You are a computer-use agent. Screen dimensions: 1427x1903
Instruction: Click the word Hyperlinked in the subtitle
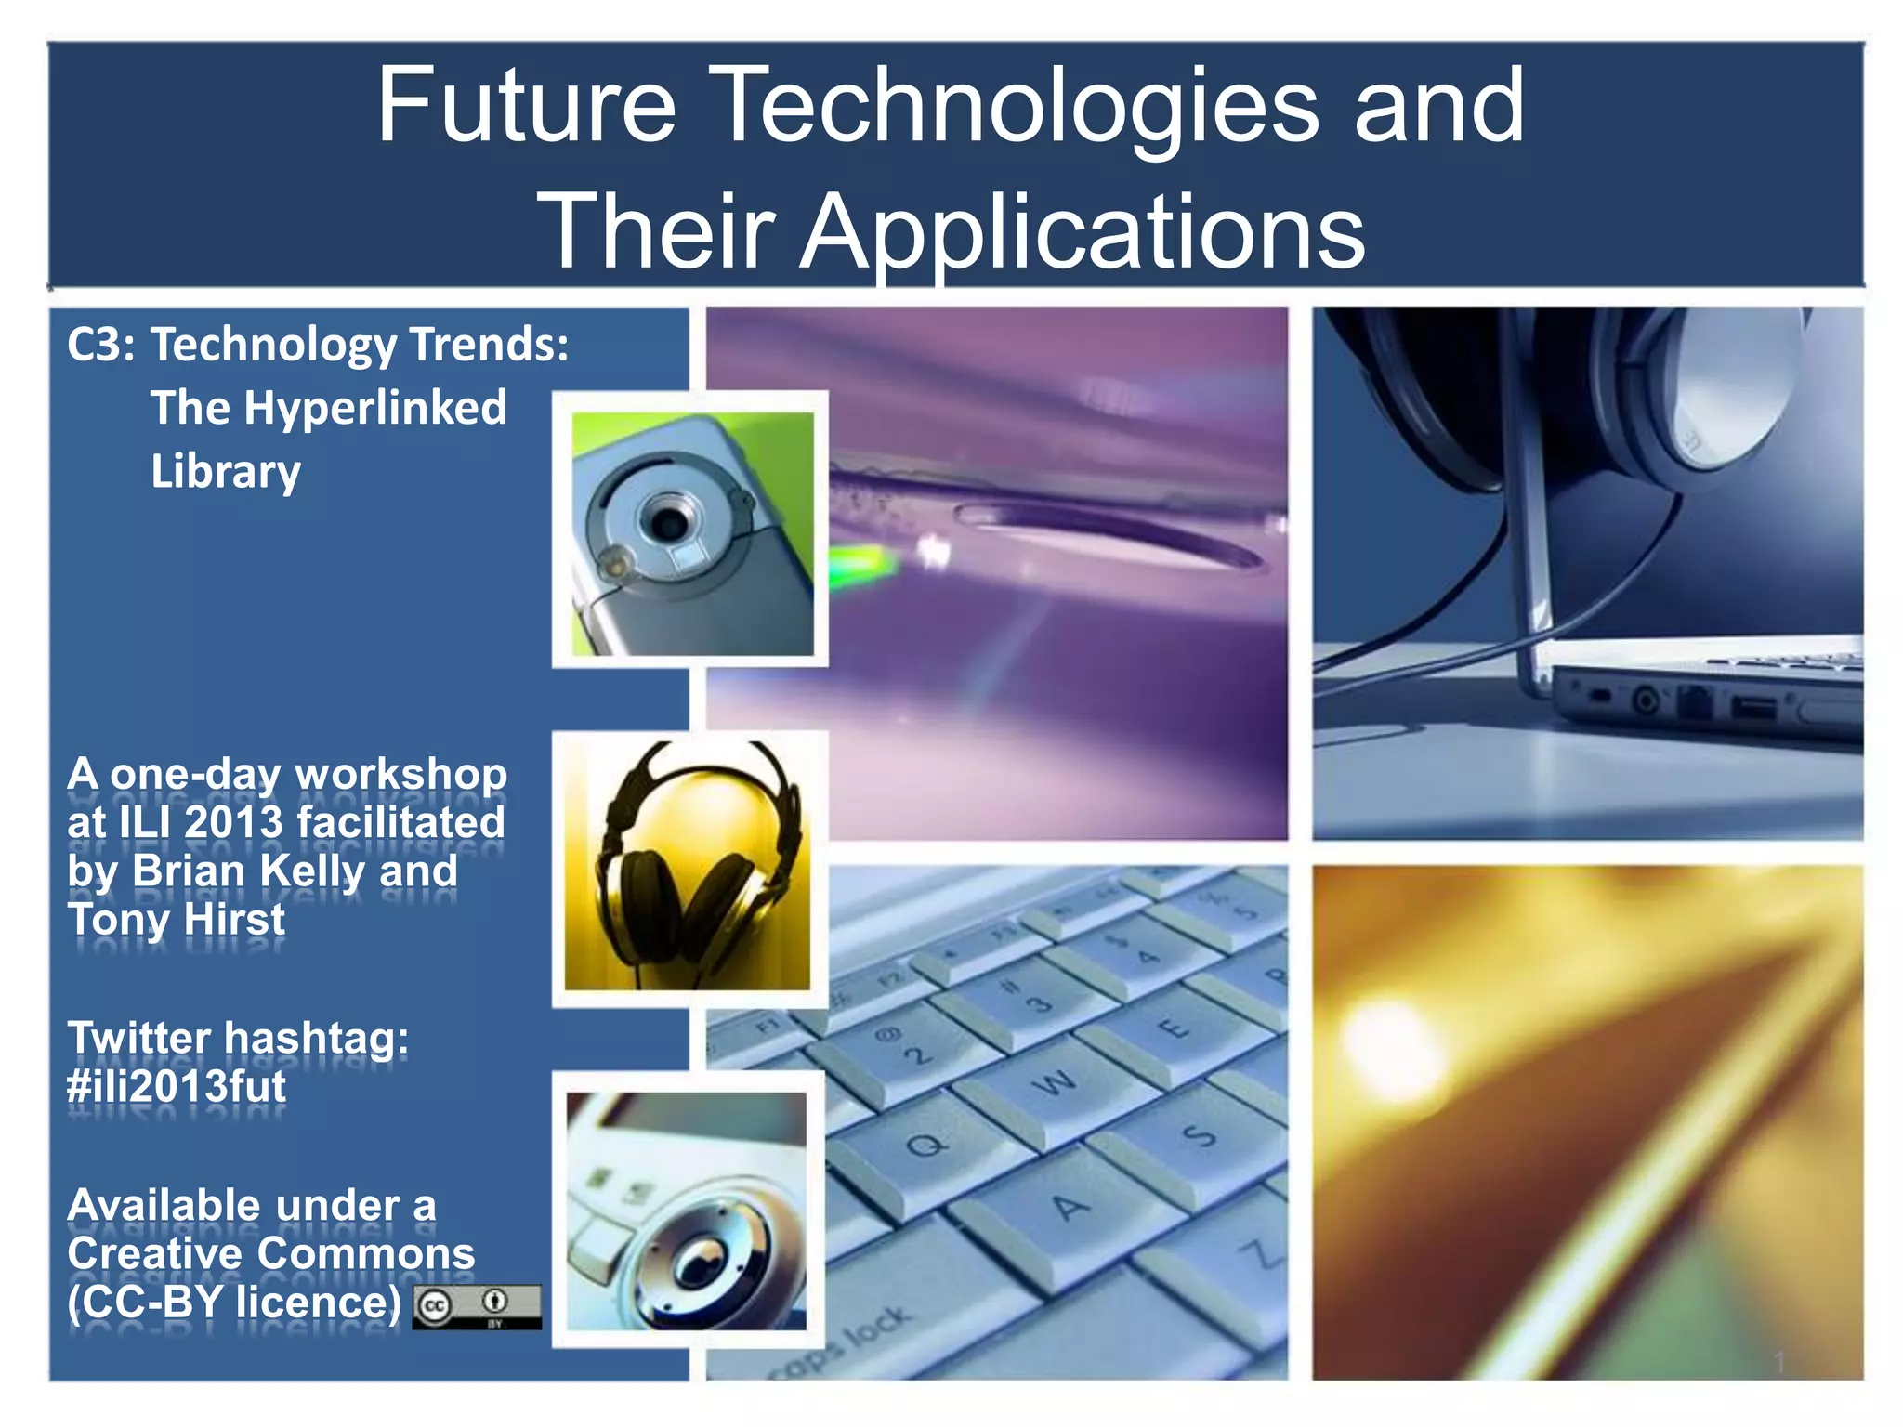375,408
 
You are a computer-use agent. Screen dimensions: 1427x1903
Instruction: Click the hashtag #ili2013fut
177,1086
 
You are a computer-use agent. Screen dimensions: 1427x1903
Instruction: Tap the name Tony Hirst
177,920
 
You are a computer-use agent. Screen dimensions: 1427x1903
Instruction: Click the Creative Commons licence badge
477,1306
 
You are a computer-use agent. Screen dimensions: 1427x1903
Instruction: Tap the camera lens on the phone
667,520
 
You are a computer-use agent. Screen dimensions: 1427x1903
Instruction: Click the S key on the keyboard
1199,1135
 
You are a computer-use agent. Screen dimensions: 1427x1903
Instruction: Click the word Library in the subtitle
226,472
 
